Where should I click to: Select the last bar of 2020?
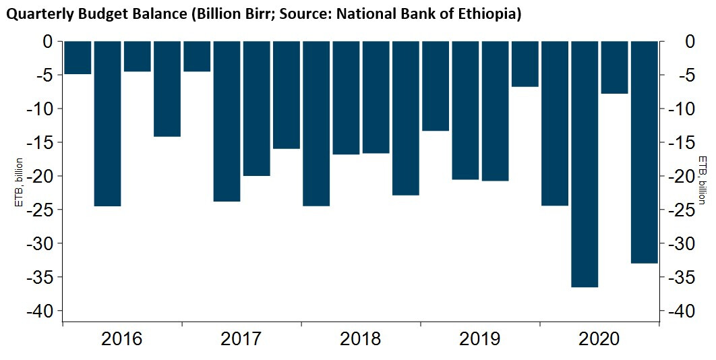click(644, 152)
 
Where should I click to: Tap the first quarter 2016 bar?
click(78, 57)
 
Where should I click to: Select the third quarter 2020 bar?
click(614, 67)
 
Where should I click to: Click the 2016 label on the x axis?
click(121, 338)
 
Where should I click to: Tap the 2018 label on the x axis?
click(360, 338)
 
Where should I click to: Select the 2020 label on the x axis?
click(599, 338)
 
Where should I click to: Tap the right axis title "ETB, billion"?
click(703, 176)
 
